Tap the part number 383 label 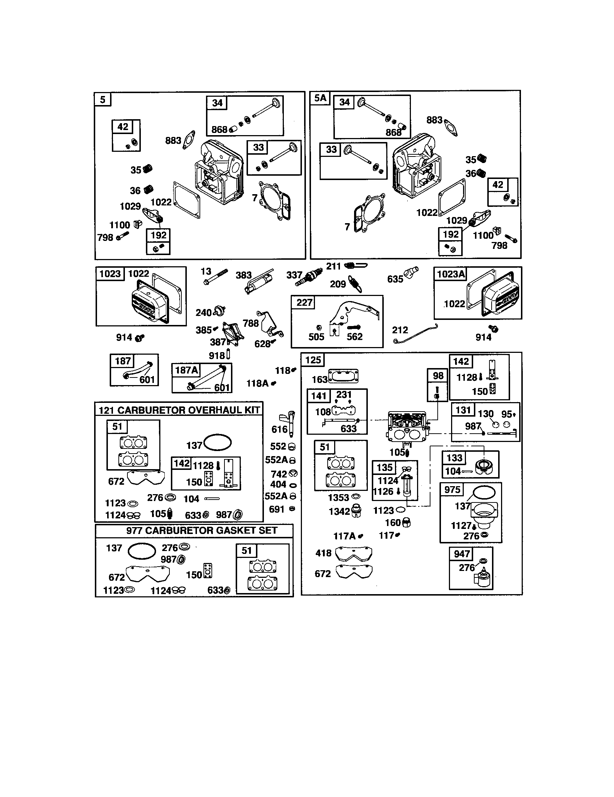[244, 275]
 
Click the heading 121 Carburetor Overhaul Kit [179, 410]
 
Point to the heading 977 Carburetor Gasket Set [202, 531]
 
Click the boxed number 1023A [451, 274]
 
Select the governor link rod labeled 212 [416, 334]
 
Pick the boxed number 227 [304, 302]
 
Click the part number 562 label [354, 337]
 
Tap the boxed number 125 [313, 360]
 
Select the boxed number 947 [461, 554]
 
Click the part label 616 [279, 429]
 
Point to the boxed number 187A [186, 370]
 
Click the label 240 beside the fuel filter [203, 313]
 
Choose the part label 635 [395, 279]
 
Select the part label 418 [323, 553]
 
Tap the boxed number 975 [452, 489]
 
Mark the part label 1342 [339, 512]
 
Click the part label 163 [320, 380]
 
